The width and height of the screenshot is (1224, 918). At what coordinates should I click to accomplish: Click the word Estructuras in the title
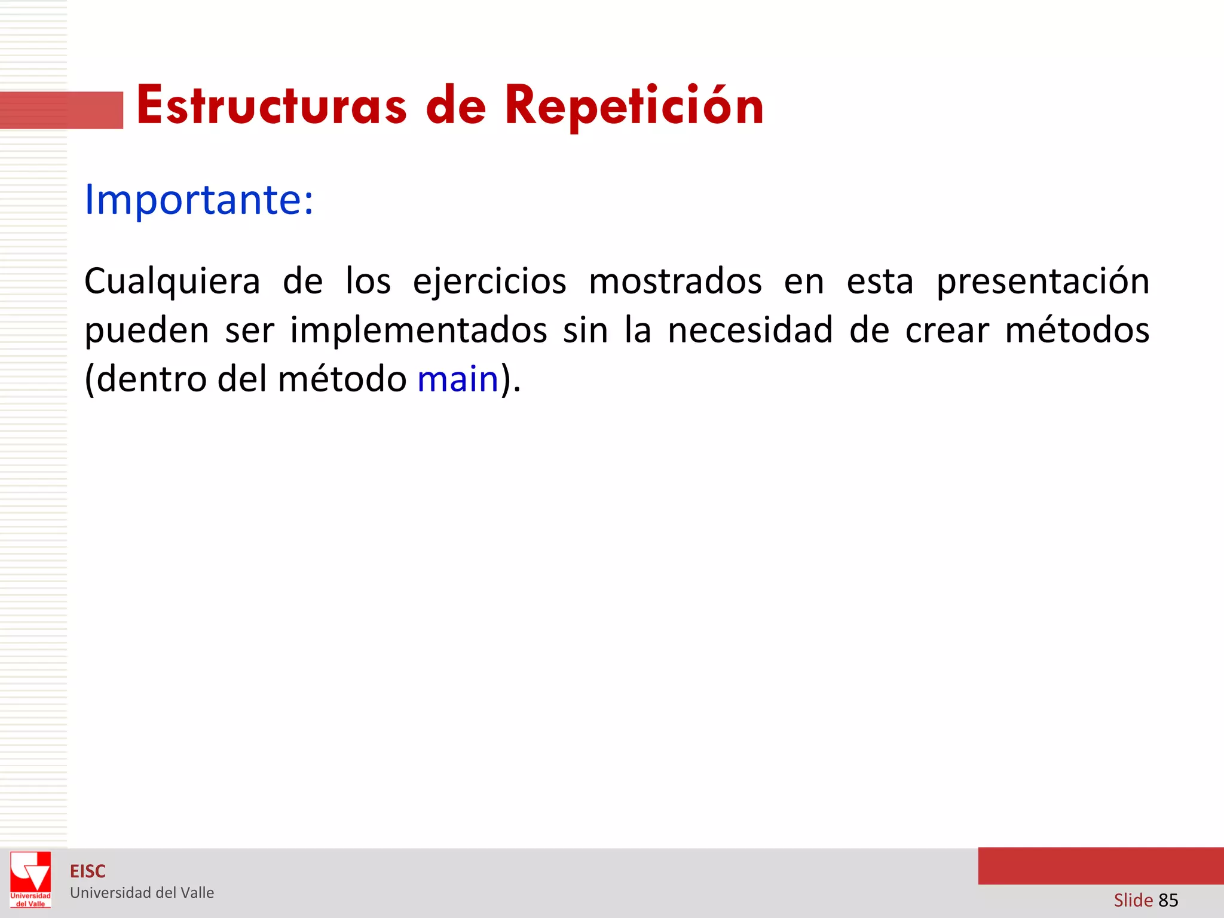coord(272,106)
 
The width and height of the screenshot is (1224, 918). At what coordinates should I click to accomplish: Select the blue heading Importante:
coord(198,199)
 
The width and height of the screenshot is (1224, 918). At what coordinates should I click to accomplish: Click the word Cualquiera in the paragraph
coord(172,281)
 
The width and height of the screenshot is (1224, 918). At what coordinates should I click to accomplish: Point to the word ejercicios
coord(489,281)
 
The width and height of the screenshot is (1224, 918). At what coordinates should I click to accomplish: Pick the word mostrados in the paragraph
coord(675,281)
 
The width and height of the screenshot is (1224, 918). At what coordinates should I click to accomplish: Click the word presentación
coord(1042,281)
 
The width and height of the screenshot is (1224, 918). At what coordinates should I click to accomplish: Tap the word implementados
coord(418,330)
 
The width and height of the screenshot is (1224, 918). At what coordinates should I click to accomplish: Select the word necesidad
coord(749,330)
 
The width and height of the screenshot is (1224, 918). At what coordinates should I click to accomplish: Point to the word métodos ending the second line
coord(1077,330)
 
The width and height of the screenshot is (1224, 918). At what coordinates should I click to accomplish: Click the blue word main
coord(458,379)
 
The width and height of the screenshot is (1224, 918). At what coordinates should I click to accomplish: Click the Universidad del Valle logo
coord(30,879)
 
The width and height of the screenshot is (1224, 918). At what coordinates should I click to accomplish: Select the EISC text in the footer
coord(88,871)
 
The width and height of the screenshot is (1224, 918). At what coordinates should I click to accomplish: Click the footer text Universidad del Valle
coord(142,893)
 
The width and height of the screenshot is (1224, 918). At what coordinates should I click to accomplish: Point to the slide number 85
coord(1168,900)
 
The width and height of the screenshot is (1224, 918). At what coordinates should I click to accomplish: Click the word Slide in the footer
coord(1133,900)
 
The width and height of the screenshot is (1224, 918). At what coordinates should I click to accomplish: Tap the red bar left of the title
coord(62,111)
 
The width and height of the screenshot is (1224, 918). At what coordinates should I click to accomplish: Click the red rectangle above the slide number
coord(1100,866)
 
